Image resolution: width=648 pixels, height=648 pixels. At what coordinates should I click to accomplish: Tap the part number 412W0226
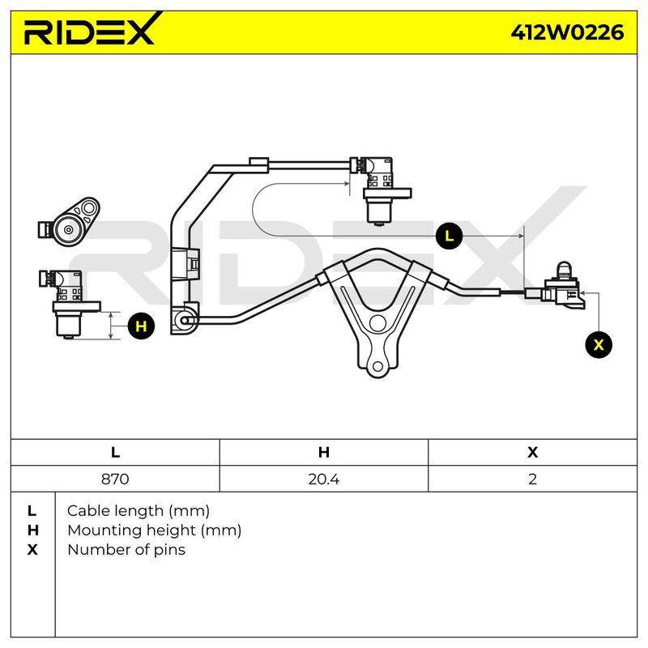click(x=567, y=32)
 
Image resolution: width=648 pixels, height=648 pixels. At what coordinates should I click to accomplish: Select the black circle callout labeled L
click(x=449, y=236)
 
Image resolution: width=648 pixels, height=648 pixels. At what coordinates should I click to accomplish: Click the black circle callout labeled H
click(x=141, y=326)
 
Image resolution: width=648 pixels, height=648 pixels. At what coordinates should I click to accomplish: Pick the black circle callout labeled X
click(x=599, y=344)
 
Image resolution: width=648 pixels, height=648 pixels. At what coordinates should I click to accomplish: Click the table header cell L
click(x=115, y=452)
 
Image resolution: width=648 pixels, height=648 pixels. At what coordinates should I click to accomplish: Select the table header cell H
click(x=323, y=452)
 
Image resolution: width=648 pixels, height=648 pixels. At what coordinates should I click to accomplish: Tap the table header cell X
click(x=532, y=452)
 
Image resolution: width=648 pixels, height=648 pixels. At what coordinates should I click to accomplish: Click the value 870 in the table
click(x=115, y=479)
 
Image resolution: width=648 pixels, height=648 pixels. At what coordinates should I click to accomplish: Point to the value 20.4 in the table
click(x=323, y=479)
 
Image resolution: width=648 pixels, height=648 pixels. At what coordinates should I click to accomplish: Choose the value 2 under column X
click(x=532, y=479)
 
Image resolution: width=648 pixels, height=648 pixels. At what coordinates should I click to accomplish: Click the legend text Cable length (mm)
click(x=138, y=511)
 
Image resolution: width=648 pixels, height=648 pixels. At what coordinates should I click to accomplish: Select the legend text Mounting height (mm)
click(x=154, y=531)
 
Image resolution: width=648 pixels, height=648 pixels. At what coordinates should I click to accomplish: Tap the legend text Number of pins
click(x=126, y=550)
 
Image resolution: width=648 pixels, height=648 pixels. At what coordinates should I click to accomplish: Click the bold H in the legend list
click(x=32, y=531)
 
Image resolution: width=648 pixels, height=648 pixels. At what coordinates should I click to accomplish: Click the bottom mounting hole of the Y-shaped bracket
click(x=377, y=366)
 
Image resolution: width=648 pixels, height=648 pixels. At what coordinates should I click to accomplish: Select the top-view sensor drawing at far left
click(x=69, y=222)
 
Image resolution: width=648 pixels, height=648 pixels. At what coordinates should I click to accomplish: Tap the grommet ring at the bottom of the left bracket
click(x=185, y=320)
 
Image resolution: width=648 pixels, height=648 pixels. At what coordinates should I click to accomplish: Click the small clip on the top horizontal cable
click(x=259, y=164)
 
